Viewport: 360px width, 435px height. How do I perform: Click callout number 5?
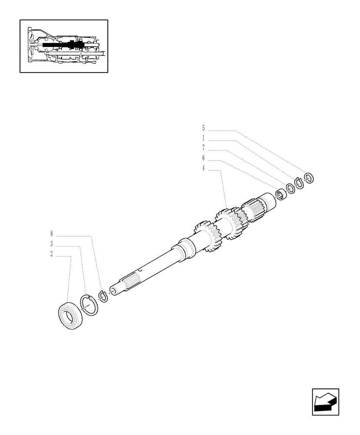pos(203,128)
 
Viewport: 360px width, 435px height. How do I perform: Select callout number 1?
pos(203,138)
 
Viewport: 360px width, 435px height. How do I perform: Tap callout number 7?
pos(203,148)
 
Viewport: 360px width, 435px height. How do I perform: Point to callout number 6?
pos(203,158)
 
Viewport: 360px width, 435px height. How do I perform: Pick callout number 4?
pos(203,168)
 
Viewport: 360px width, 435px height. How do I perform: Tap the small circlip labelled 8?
pos(103,296)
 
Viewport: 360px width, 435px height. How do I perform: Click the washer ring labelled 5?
pos(309,177)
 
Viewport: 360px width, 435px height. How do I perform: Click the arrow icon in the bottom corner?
pos(325,402)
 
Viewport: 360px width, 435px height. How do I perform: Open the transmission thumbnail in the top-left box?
pos(64,46)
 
